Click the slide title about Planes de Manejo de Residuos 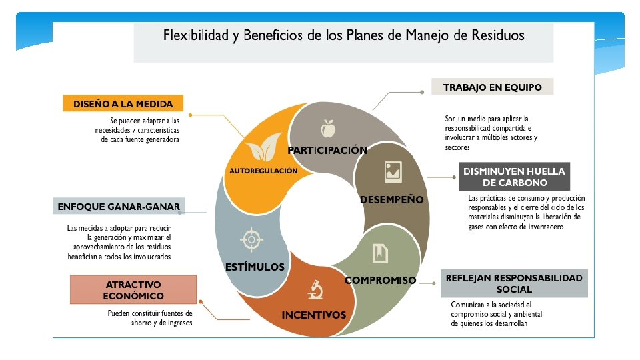[343, 35]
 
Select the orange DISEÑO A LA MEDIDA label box [123, 104]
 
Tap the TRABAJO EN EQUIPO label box [492, 87]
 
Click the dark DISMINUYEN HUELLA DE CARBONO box [514, 177]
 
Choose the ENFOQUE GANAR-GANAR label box [119, 207]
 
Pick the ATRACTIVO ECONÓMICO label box [133, 290]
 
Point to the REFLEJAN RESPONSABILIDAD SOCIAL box [514, 283]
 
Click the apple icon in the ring [327, 127]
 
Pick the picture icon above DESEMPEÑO [393, 172]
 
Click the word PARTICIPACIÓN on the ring [327, 150]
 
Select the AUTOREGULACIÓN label [263, 171]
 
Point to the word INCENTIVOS [314, 315]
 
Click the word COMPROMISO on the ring [380, 281]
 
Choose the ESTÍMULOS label [255, 267]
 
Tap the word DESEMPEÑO [391, 199]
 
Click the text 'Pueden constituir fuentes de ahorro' [151, 313]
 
